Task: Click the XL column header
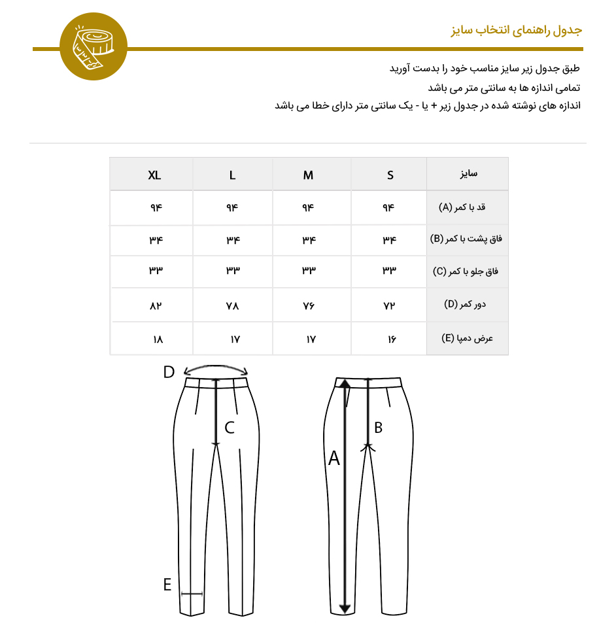154,175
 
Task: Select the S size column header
390,175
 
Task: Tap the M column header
308,175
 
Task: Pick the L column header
233,175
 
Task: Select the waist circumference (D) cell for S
390,305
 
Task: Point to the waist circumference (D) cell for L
233,305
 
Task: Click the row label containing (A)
467,208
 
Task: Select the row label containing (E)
467,339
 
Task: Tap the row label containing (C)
467,271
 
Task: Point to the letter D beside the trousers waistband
169,372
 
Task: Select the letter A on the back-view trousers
334,459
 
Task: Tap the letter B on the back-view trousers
378,428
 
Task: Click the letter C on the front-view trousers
230,428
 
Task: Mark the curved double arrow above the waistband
216,368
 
